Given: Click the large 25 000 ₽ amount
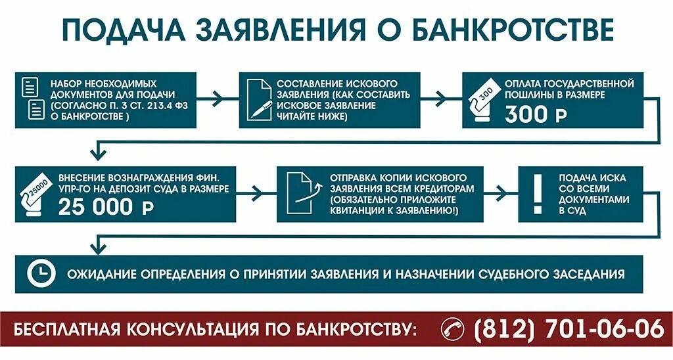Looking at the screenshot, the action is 105,206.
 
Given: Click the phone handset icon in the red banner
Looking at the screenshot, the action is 453,328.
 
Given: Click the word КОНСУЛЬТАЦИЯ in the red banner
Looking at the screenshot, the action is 244,328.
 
